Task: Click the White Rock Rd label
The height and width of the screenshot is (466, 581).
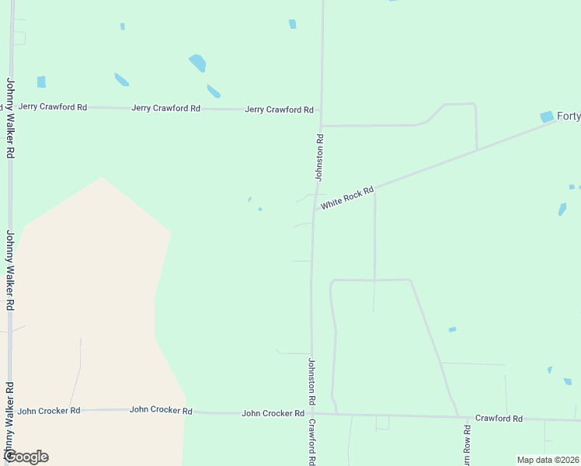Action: [x=347, y=197]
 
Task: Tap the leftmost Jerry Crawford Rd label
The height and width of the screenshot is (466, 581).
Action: [x=53, y=106]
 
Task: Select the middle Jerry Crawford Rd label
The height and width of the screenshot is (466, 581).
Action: [x=166, y=108]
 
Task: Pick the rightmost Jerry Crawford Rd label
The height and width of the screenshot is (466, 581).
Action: [x=279, y=110]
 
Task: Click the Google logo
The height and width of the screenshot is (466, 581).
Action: [x=26, y=456]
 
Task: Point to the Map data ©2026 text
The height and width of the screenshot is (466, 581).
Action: [x=548, y=460]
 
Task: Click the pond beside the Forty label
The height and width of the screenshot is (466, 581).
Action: [x=548, y=116]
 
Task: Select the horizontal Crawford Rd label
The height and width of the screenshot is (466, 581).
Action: [x=499, y=418]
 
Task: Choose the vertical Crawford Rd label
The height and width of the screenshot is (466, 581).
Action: [x=312, y=442]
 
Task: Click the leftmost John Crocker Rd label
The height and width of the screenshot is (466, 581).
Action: [x=49, y=410]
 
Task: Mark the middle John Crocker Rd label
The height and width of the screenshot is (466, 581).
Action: [x=161, y=409]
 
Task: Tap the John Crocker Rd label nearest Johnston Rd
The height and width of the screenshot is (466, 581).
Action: [x=273, y=413]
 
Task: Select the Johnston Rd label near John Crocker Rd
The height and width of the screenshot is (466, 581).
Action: [x=311, y=381]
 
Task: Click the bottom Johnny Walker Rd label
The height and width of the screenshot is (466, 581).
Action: [x=9, y=419]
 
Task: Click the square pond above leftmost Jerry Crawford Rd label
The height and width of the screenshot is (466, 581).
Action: [x=41, y=82]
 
